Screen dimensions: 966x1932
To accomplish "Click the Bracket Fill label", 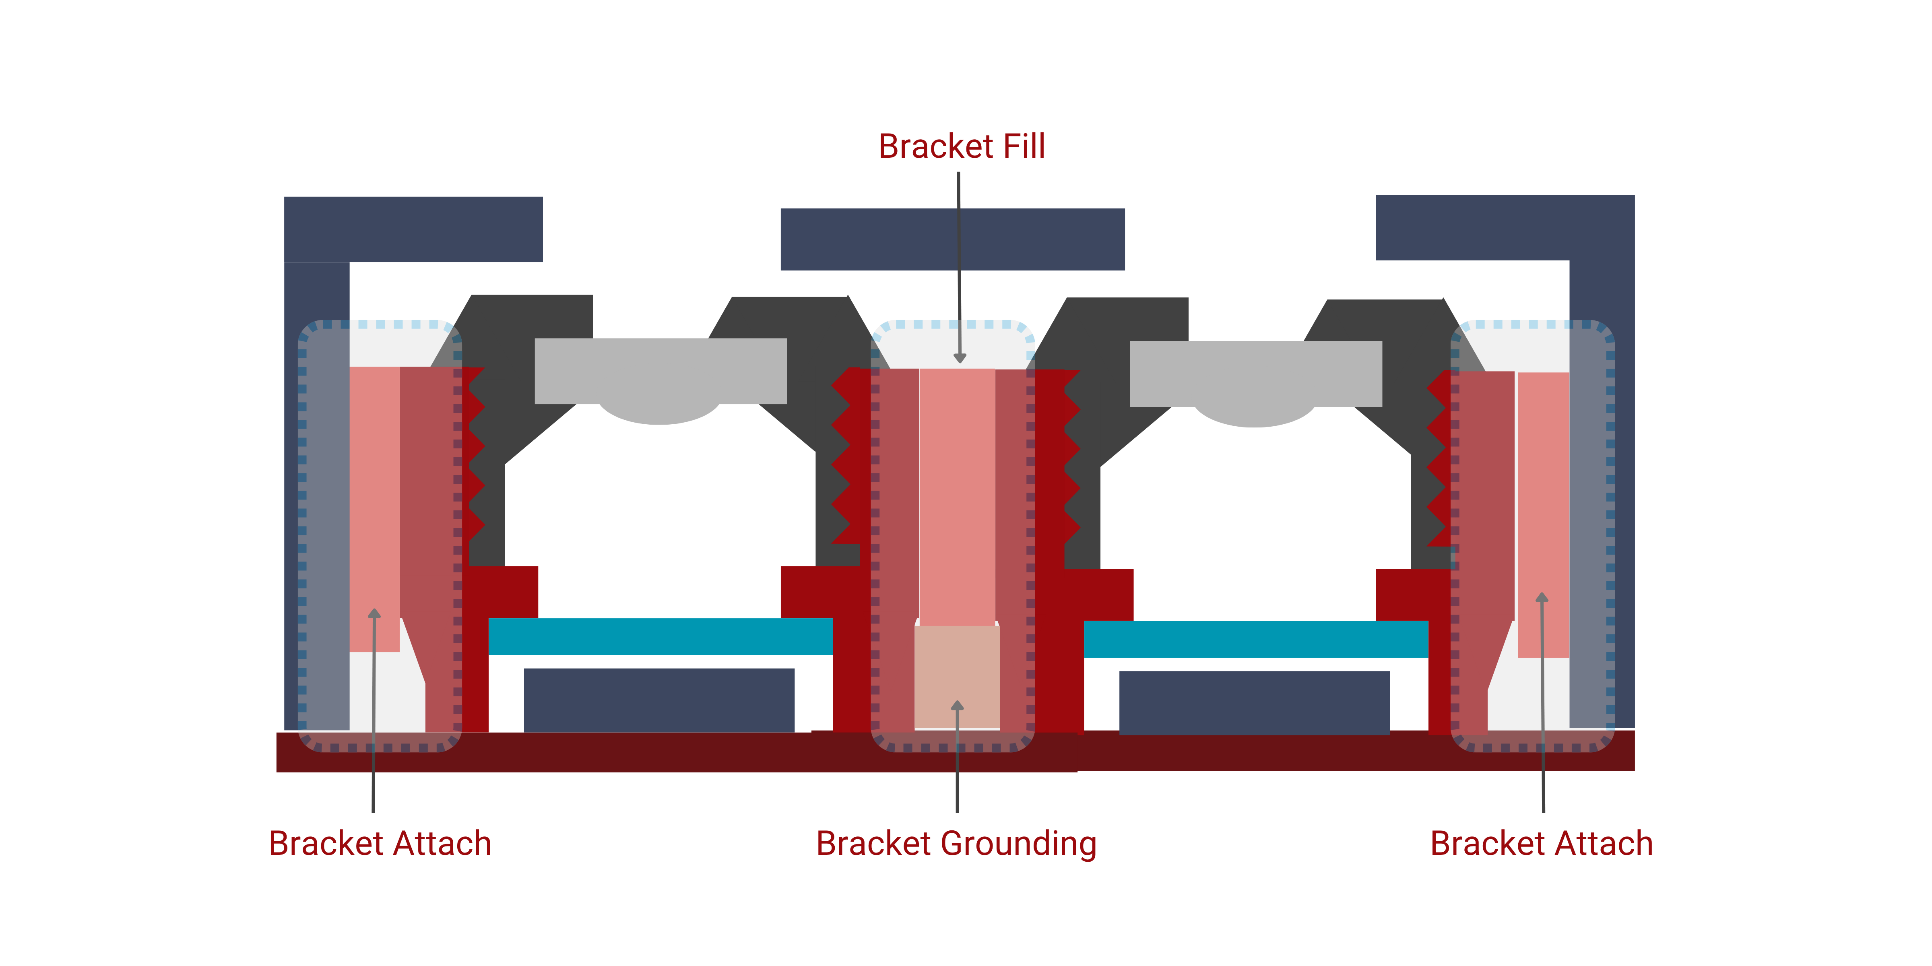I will (x=962, y=146).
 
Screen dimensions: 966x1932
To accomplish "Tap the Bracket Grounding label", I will (x=956, y=844).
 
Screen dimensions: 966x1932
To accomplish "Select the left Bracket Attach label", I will (x=380, y=844).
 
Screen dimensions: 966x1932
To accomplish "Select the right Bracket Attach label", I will (x=1541, y=844).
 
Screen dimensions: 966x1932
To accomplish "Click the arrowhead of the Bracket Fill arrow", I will (x=959, y=359).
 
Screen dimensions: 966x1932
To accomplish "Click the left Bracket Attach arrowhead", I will (x=374, y=613).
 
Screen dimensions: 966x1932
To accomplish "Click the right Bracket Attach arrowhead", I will (x=1542, y=597).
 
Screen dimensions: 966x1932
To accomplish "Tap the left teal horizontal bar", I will (x=660, y=636).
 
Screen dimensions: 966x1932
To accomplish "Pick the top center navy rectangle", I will (x=952, y=239).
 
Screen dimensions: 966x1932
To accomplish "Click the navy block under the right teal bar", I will (x=1254, y=703).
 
